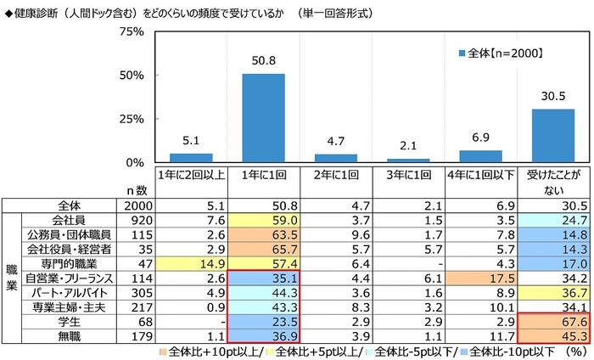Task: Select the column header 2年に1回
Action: [x=336, y=176]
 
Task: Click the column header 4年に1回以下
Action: [x=481, y=176]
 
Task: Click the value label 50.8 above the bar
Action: [x=264, y=61]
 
